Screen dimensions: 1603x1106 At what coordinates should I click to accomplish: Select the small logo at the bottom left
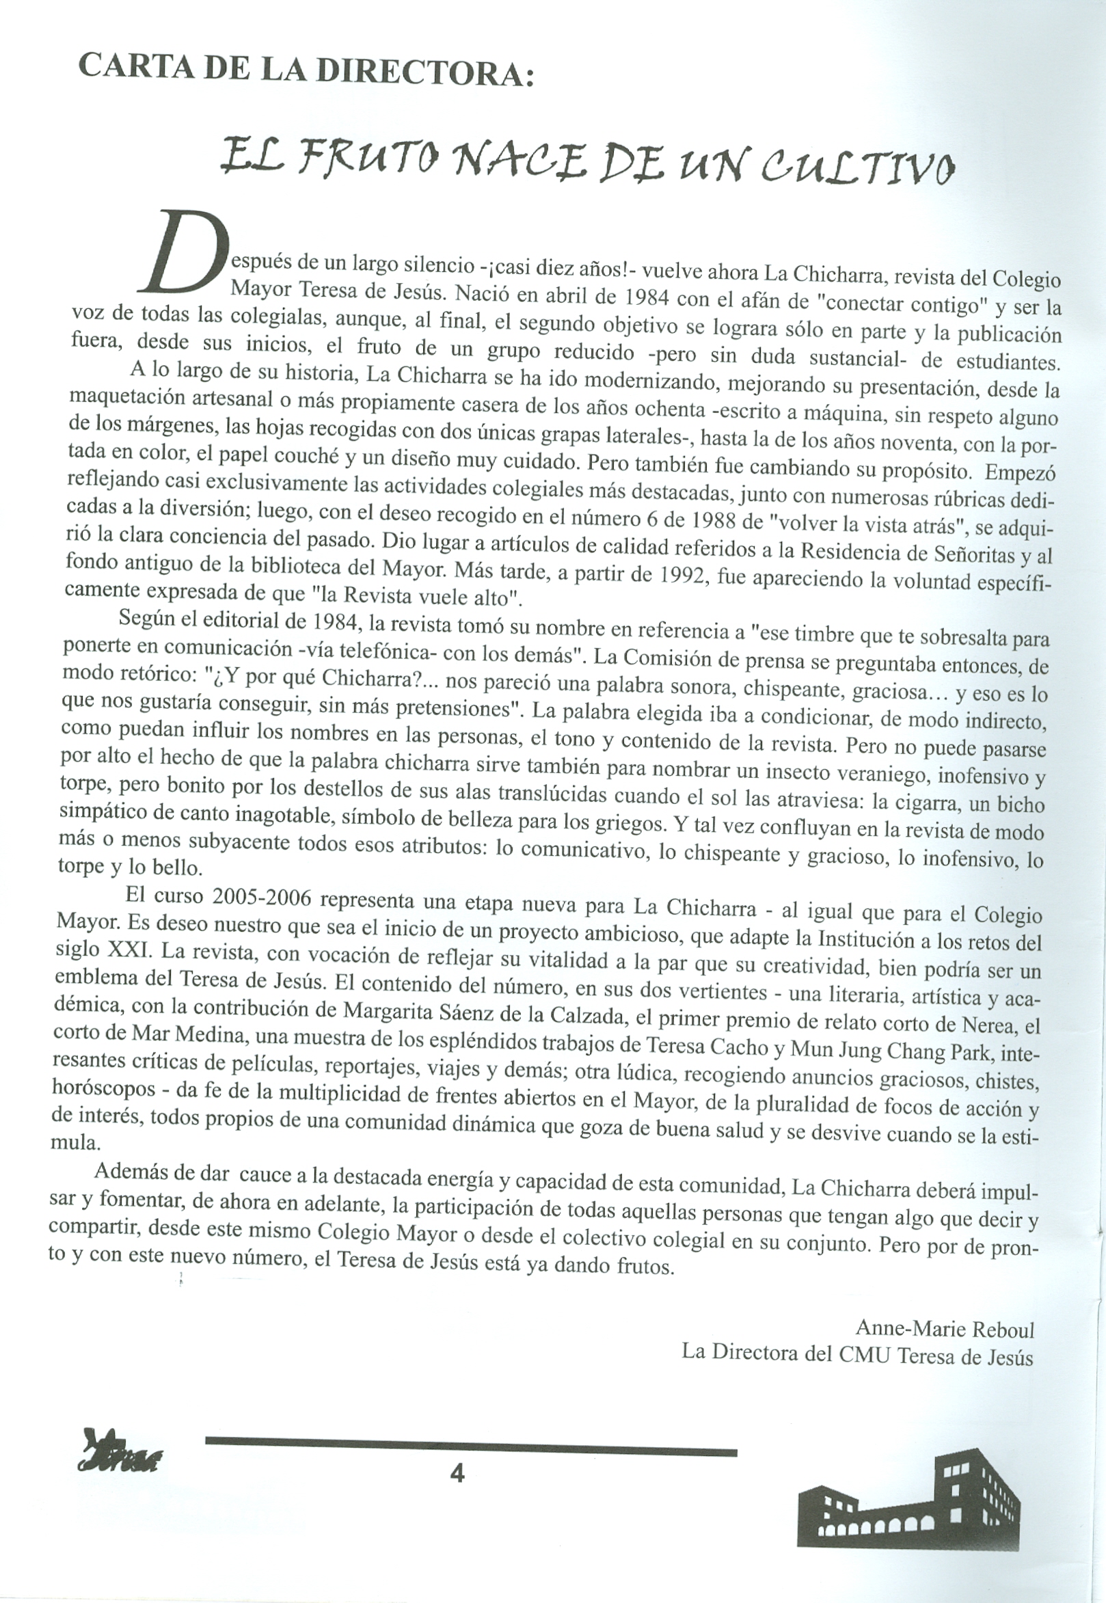click(118, 1451)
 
